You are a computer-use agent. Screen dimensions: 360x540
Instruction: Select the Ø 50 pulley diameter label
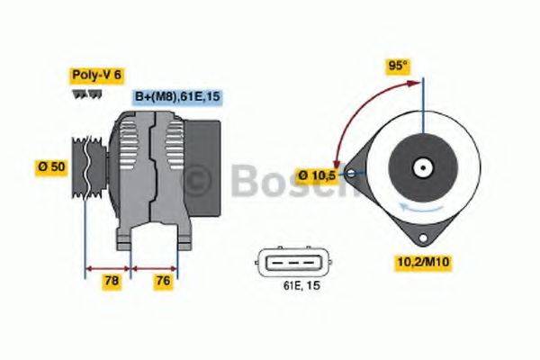(x=51, y=167)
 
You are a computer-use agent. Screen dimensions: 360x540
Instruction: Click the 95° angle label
(x=397, y=66)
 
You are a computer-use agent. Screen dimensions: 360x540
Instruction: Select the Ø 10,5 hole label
(x=318, y=175)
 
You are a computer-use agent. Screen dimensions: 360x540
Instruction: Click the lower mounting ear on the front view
(x=419, y=237)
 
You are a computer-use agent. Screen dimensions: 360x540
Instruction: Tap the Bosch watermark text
(x=297, y=183)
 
